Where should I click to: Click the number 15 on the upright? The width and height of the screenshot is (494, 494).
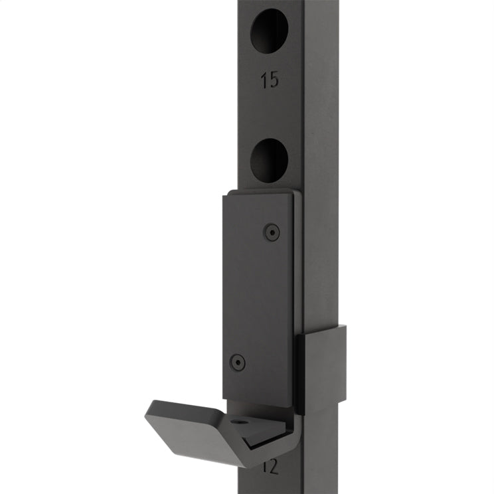pos(270,81)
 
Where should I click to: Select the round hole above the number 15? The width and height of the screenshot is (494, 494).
pos(270,31)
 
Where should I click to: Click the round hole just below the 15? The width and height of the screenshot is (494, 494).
pos(270,161)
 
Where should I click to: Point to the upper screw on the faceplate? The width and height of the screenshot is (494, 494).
pos(271,232)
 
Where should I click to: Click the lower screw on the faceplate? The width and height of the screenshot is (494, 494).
pos(237,362)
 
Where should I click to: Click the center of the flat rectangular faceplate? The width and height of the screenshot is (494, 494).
pos(259,299)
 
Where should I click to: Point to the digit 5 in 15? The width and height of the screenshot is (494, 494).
pos(274,81)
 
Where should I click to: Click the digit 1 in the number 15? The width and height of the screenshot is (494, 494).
pos(264,81)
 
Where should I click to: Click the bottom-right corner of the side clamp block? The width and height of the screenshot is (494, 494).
pos(345,401)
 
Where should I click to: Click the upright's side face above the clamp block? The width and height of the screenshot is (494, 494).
pos(322,199)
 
